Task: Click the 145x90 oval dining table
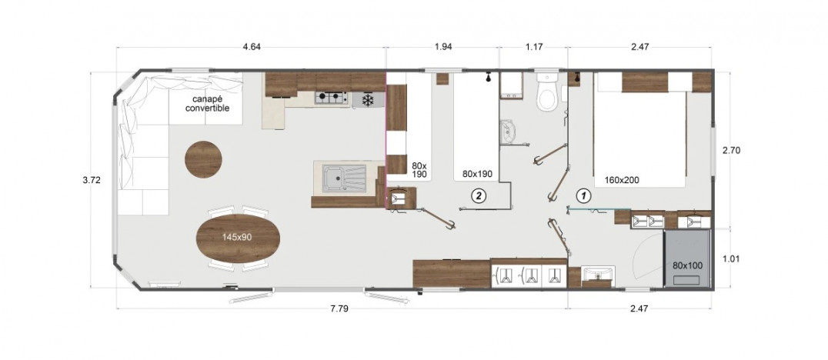[238, 238]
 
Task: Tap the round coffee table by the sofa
[203, 159]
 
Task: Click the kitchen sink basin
[344, 178]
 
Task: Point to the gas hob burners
[331, 98]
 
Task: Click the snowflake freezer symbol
[367, 98]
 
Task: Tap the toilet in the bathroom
[546, 92]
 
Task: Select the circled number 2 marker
[477, 196]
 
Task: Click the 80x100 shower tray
[687, 258]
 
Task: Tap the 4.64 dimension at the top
[252, 47]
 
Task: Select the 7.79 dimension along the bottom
[339, 308]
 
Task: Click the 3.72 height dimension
[92, 180]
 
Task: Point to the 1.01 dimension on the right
[731, 258]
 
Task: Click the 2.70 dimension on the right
[731, 150]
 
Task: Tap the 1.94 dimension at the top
[443, 47]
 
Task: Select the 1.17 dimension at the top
[534, 47]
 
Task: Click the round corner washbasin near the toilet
[508, 132]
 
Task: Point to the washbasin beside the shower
[598, 275]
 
